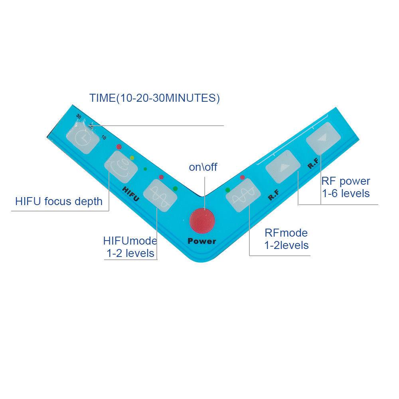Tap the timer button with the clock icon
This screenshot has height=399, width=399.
click(83, 138)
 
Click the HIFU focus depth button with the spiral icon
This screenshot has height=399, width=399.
click(121, 167)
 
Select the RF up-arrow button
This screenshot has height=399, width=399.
click(283, 167)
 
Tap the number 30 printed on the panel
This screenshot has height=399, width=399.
click(79, 116)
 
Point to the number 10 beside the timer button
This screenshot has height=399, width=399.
click(103, 138)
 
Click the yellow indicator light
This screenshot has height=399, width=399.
click(132, 158)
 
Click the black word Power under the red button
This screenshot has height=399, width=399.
click(202, 241)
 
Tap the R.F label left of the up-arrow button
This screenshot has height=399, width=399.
click(273, 196)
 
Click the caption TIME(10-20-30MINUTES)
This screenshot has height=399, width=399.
click(154, 98)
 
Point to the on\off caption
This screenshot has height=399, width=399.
click(203, 167)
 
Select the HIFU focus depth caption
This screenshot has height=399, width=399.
click(59, 201)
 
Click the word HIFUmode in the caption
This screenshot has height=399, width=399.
click(130, 241)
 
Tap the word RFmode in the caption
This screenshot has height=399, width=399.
click(286, 233)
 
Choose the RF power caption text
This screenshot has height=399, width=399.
click(346, 181)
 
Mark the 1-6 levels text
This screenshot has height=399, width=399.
click(346, 194)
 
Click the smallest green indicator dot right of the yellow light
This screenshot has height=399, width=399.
click(145, 169)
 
